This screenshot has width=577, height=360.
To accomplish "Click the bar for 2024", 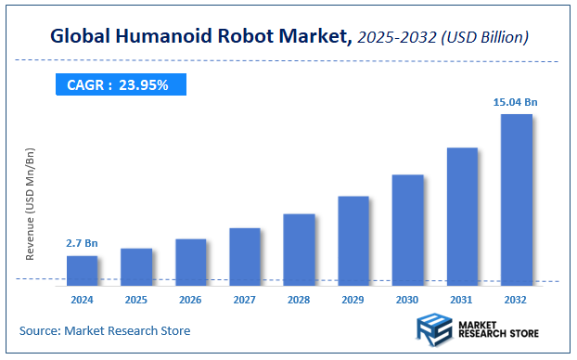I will [x=82, y=270].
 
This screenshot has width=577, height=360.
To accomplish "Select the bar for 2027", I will [x=245, y=256].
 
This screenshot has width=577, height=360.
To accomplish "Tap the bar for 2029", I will [x=353, y=240].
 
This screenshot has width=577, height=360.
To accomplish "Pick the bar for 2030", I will [x=407, y=229].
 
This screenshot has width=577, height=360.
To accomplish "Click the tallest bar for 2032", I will [x=516, y=199].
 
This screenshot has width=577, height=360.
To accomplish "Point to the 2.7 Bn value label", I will [x=82, y=243].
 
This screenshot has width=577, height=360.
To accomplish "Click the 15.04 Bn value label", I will [x=516, y=101].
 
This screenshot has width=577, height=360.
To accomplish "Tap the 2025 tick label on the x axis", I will [x=136, y=300].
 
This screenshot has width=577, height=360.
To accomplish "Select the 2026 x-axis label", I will [x=190, y=300].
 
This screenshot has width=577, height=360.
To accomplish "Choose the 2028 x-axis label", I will [x=299, y=300].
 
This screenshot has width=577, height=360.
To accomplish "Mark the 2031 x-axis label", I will [x=462, y=300].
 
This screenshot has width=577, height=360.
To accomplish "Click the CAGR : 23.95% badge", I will [x=118, y=85].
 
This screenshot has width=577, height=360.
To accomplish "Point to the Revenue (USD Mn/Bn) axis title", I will [x=30, y=203].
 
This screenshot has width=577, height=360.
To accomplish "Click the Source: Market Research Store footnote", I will [x=105, y=330].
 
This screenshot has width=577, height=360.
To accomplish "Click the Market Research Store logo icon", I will [x=433, y=329].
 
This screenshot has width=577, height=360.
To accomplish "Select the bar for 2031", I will [x=462, y=216].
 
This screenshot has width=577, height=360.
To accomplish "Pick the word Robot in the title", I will [x=250, y=38].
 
